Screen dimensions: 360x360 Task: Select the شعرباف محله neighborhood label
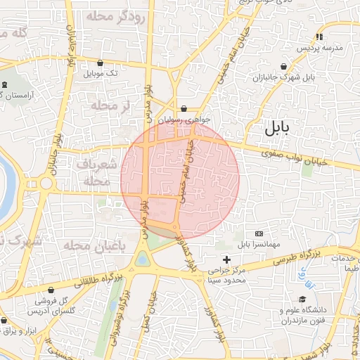[x=93, y=172]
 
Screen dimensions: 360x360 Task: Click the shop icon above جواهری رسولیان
[x=184, y=109]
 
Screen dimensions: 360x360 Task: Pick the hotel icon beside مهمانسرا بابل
[x=259, y=233]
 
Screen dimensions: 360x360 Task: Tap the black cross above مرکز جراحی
[x=226, y=259]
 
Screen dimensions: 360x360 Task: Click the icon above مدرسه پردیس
[x=319, y=37]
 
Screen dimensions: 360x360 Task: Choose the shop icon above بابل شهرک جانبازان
[x=283, y=67]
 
